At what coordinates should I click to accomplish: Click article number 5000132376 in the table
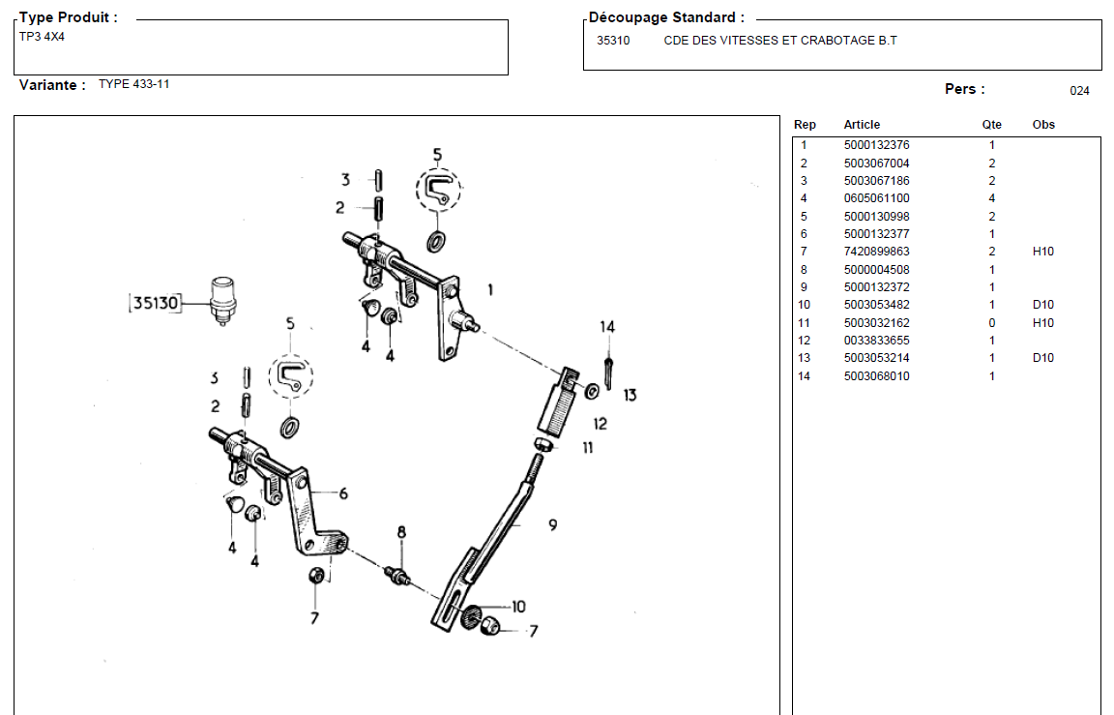876,145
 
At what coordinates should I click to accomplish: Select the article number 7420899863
876,252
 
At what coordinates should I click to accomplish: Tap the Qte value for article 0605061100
991,198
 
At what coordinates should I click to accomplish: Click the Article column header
862,125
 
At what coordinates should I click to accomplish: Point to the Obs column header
1043,125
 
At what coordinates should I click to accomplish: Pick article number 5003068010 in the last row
876,376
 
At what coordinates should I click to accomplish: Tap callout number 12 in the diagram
600,423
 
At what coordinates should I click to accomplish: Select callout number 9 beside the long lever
552,525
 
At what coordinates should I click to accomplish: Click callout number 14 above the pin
606,327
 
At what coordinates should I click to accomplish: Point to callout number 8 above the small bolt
401,532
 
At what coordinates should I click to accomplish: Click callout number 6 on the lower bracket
342,493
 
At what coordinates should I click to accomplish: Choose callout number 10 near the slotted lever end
518,607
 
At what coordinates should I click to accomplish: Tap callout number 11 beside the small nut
587,447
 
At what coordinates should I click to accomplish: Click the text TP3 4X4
42,37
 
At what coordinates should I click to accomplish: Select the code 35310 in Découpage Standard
613,41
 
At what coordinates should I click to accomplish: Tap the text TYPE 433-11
133,84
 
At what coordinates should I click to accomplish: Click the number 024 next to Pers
1079,91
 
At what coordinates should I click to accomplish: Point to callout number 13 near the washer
630,395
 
